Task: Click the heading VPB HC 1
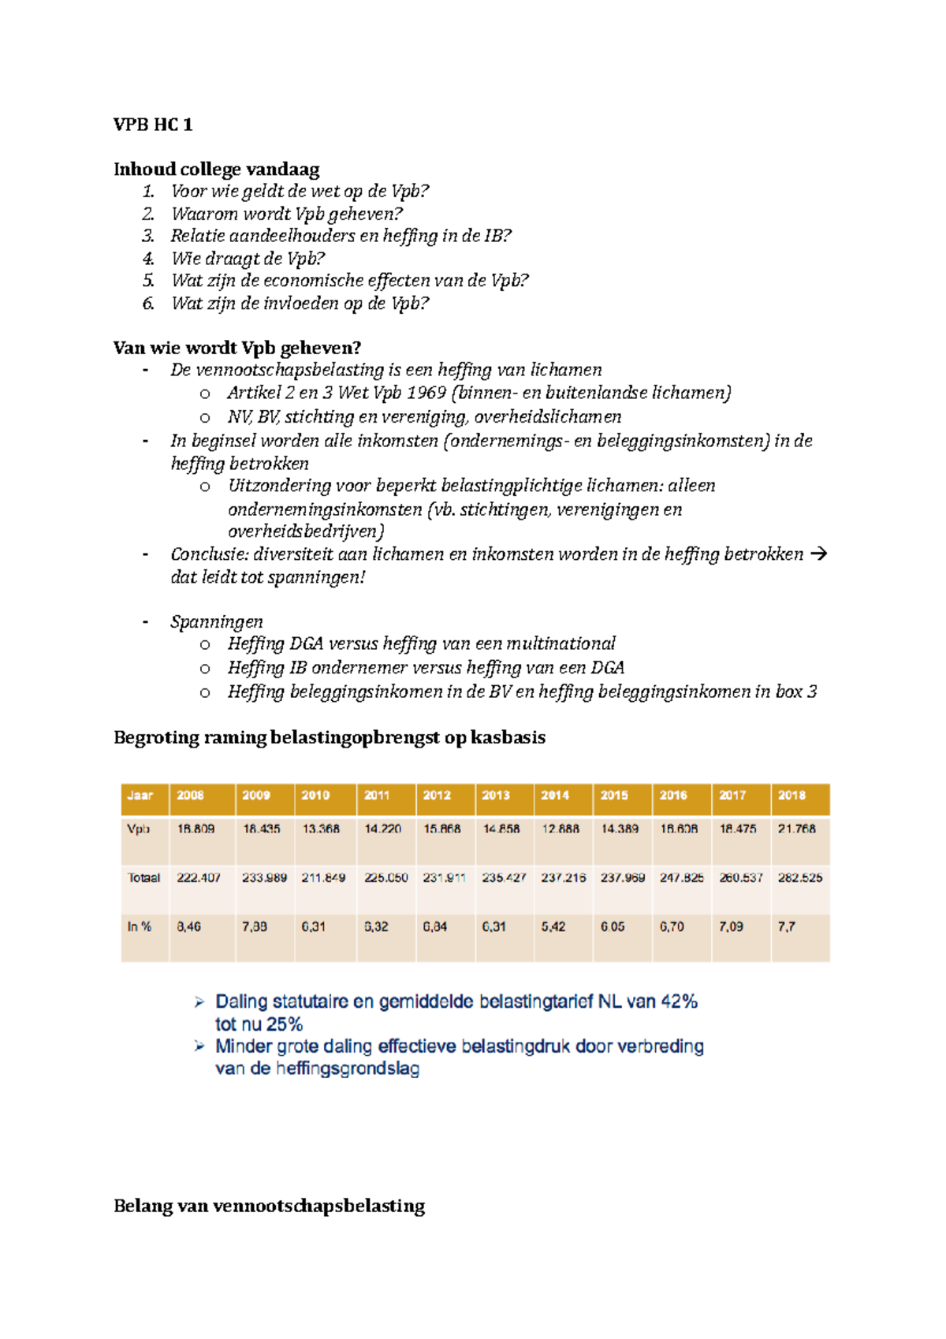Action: click(153, 125)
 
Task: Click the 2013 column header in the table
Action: click(496, 796)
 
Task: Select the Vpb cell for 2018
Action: click(796, 829)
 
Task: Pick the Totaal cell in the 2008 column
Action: click(199, 878)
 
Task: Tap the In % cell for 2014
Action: click(553, 927)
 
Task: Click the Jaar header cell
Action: click(140, 796)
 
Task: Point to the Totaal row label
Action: click(143, 878)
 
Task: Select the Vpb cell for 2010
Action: click(321, 829)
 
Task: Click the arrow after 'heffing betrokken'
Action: click(818, 554)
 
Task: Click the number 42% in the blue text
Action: click(679, 1001)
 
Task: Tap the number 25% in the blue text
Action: click(284, 1024)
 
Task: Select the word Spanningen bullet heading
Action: click(217, 622)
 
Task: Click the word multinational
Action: click(561, 643)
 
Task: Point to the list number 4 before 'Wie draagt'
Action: click(148, 259)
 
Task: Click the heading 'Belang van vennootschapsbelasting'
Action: click(269, 1206)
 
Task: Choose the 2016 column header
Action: click(673, 796)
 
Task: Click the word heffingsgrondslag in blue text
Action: click(348, 1069)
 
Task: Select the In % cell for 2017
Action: click(731, 927)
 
